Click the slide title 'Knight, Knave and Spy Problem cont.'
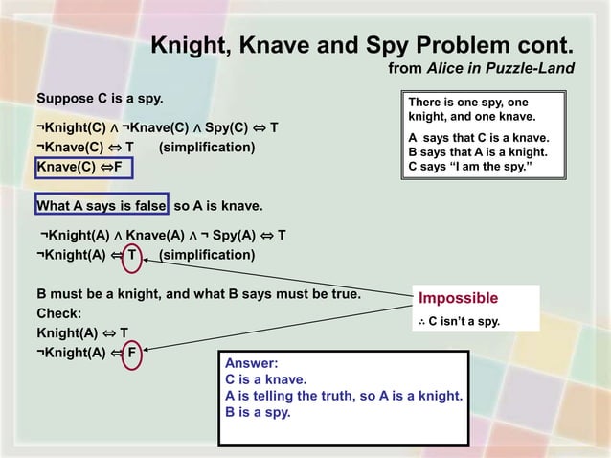[363, 45]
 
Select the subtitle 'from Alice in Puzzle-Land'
[481, 68]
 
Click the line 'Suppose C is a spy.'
[100, 99]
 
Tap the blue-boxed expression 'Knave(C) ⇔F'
[81, 168]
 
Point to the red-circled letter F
[133, 352]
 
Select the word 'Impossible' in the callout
[459, 298]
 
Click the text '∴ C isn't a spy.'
[460, 321]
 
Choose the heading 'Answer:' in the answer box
[251, 363]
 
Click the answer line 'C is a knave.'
[265, 379]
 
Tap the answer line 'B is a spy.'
[258, 412]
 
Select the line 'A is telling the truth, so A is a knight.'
[344, 396]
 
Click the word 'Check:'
[59, 313]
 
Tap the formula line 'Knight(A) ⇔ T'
[82, 332]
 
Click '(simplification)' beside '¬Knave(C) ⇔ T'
[207, 147]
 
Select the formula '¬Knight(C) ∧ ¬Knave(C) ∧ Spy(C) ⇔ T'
[157, 126]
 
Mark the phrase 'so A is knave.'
[218, 206]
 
